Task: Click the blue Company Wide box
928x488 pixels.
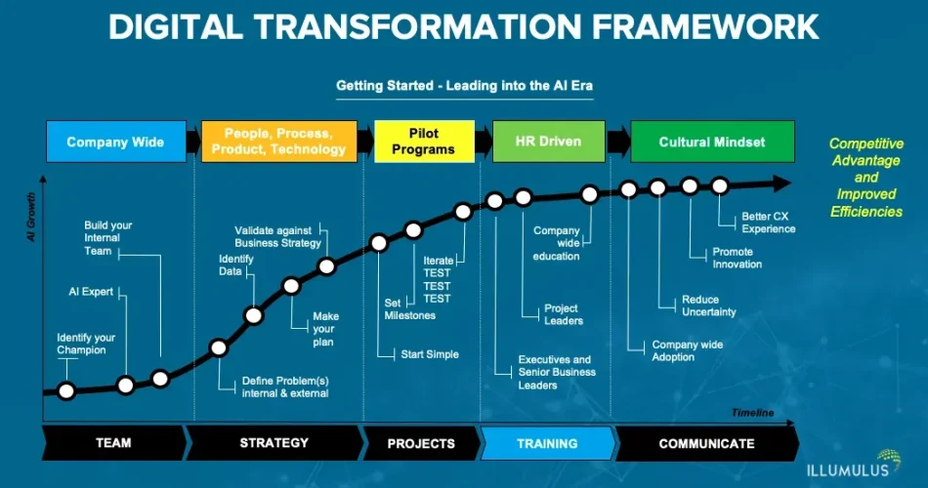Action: (x=115, y=142)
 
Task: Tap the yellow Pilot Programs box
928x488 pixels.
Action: (x=423, y=142)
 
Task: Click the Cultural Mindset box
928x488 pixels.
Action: (x=712, y=142)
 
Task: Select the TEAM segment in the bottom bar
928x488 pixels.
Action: (x=113, y=443)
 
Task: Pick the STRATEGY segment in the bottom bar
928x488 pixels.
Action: (x=274, y=443)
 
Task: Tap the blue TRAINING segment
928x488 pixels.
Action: (x=547, y=443)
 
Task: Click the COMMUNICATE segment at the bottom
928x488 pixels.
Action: (x=706, y=443)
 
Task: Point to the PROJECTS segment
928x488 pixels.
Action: (x=421, y=443)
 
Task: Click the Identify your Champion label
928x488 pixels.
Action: (x=86, y=344)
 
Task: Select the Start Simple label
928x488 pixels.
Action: (x=430, y=354)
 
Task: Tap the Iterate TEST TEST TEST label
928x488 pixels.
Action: (x=437, y=280)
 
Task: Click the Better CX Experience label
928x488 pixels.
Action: (x=768, y=223)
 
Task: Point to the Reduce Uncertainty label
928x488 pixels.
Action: (x=708, y=305)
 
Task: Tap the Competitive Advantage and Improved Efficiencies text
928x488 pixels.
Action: (x=866, y=178)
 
